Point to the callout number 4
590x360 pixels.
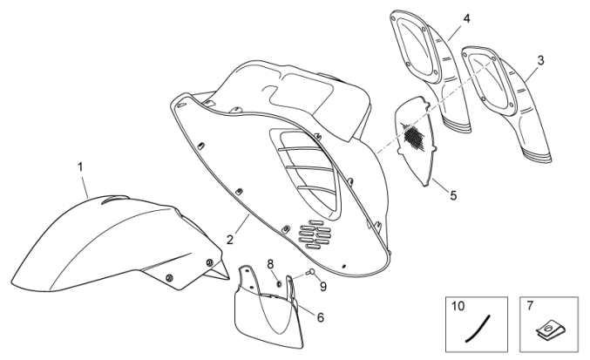[442, 17]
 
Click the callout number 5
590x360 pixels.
[452, 194]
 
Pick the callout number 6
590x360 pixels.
[320, 316]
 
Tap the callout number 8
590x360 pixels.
[271, 263]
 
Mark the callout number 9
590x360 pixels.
[322, 285]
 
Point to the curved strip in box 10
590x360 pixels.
[476, 329]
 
